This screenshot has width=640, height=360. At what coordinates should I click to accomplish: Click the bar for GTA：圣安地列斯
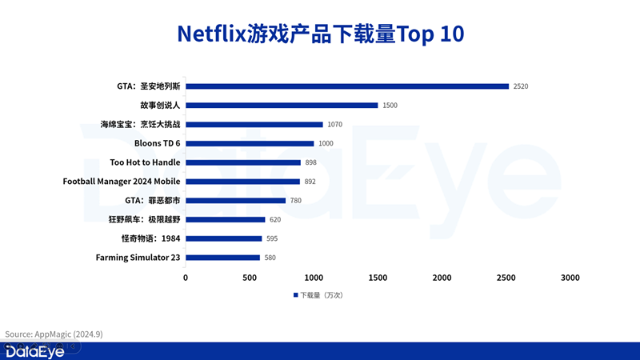347,86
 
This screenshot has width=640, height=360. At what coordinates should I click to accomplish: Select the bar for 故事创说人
282,106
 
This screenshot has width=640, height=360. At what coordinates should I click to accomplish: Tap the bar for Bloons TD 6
250,143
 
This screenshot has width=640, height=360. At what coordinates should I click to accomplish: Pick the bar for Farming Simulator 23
222,258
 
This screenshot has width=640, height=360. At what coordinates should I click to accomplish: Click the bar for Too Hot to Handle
243,162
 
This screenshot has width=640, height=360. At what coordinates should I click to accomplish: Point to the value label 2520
522,86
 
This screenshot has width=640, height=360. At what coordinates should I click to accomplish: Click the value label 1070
335,125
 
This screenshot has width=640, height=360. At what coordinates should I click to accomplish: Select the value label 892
310,182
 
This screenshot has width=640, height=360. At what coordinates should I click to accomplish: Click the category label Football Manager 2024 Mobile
122,182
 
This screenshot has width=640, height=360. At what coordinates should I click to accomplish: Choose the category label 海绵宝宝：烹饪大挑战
141,125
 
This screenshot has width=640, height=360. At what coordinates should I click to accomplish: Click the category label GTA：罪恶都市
153,201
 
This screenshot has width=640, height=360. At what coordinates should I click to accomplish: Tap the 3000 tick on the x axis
570,278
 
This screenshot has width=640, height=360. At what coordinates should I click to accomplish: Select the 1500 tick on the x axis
378,278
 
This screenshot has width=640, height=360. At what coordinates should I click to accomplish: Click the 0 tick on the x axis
186,278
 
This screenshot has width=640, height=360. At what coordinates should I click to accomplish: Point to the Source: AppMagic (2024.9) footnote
54,334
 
